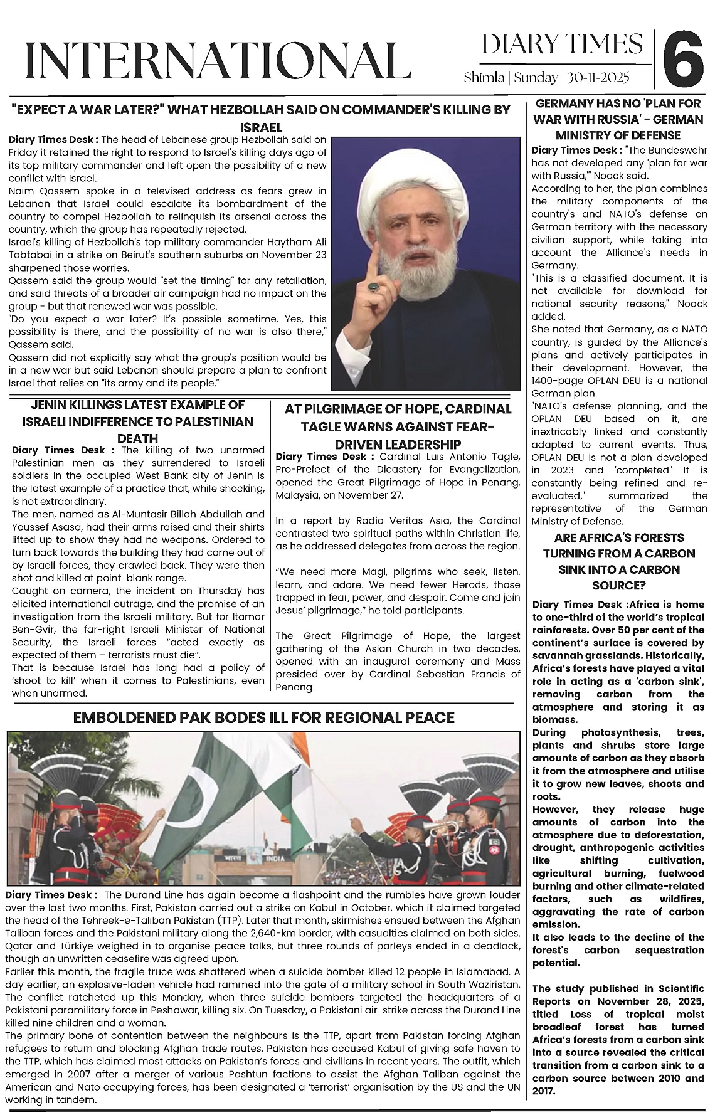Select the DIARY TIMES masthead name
(563, 45)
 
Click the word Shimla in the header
(484, 78)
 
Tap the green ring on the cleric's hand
(374, 287)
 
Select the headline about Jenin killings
(137, 421)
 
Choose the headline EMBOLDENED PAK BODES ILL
(263, 717)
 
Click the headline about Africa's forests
(619, 561)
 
